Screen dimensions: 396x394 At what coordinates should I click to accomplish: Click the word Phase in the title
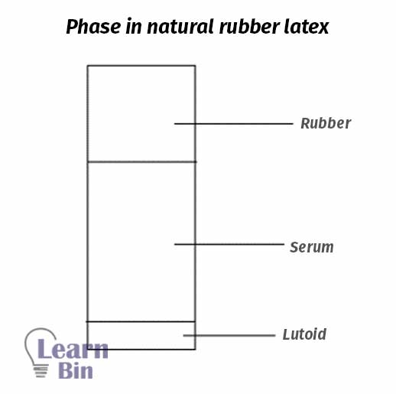pyautogui.click(x=93, y=27)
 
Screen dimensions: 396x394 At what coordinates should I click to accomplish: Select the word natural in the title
pyautogui.click(x=180, y=27)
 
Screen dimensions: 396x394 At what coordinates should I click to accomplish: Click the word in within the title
pyautogui.click(x=134, y=27)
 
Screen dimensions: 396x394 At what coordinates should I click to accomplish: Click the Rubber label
pyautogui.click(x=326, y=123)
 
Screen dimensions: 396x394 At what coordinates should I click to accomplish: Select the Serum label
pyautogui.click(x=312, y=247)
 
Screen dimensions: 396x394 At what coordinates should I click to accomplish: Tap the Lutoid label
pyautogui.click(x=304, y=334)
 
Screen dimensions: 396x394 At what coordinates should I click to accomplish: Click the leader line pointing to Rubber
pyautogui.click(x=234, y=124)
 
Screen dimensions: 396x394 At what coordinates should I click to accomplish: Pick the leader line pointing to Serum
pyautogui.click(x=229, y=244)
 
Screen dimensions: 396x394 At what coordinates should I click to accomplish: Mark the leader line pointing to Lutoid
pyautogui.click(x=229, y=335)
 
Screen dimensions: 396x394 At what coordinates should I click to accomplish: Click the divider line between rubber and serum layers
pyautogui.click(x=141, y=161)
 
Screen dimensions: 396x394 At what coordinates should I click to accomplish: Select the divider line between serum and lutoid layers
pyautogui.click(x=141, y=321)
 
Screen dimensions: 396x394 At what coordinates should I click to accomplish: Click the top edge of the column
pyautogui.click(x=141, y=66)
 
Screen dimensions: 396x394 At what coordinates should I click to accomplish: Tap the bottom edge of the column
pyautogui.click(x=141, y=349)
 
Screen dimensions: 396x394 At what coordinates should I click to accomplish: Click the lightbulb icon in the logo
pyautogui.click(x=40, y=353)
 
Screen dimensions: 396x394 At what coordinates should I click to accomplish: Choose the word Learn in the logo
pyautogui.click(x=73, y=349)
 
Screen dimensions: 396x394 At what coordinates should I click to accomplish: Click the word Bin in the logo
pyautogui.click(x=76, y=370)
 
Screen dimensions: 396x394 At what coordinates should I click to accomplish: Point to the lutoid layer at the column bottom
pyautogui.click(x=141, y=335)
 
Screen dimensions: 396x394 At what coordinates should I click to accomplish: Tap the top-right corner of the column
pyautogui.click(x=196, y=66)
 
